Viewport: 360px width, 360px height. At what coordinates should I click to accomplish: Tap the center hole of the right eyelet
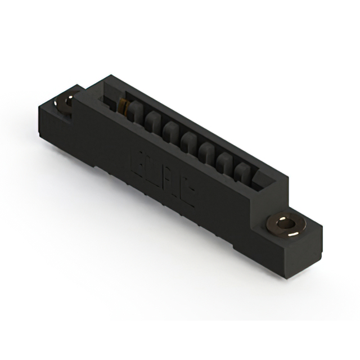click(288, 224)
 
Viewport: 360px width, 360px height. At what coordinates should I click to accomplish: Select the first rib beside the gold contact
click(134, 113)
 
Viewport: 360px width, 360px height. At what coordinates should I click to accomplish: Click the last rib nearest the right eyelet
click(242, 170)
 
